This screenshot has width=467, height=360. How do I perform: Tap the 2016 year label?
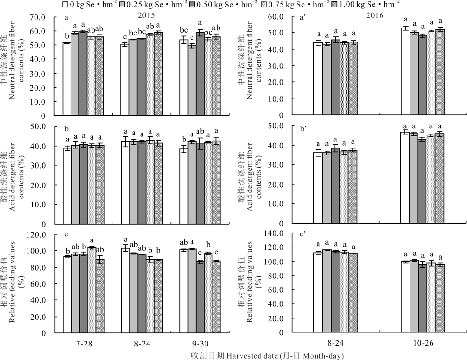[x=375, y=15]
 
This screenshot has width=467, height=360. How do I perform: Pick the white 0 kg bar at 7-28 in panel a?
[x=67, y=79]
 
